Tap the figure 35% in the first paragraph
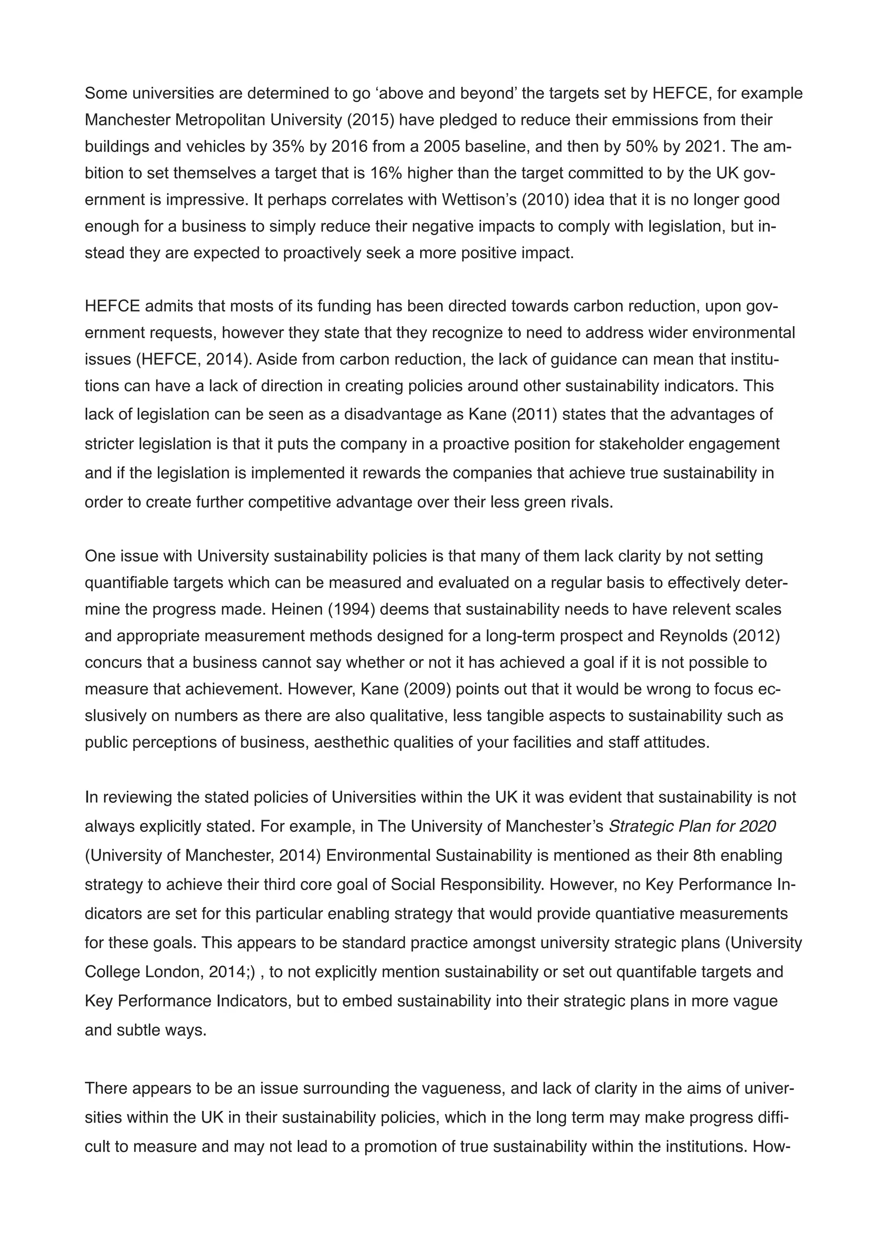[x=288, y=147]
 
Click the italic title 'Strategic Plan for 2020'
[x=692, y=826]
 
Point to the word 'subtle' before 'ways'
[x=140, y=1030]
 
